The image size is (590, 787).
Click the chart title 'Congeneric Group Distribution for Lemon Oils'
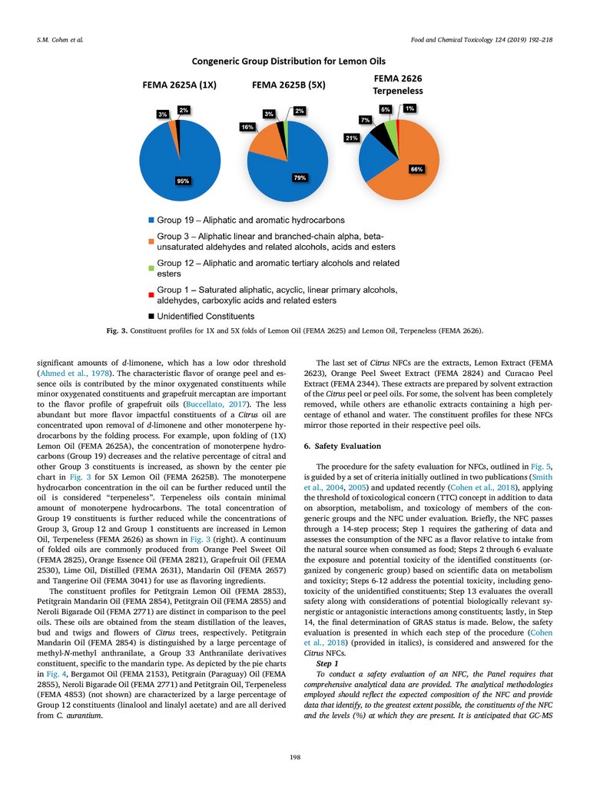(x=289, y=61)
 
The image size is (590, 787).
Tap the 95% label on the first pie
(x=183, y=181)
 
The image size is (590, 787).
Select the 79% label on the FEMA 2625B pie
(x=300, y=178)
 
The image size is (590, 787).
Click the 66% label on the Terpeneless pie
(x=416, y=169)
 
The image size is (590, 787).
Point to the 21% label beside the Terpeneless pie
(x=352, y=138)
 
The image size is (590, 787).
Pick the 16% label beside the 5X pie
(x=247, y=126)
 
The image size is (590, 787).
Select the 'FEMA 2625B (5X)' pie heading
(x=289, y=86)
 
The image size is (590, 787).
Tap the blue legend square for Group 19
(x=151, y=220)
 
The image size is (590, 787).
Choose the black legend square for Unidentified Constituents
(x=151, y=316)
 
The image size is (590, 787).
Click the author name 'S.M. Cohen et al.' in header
(x=60, y=38)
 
